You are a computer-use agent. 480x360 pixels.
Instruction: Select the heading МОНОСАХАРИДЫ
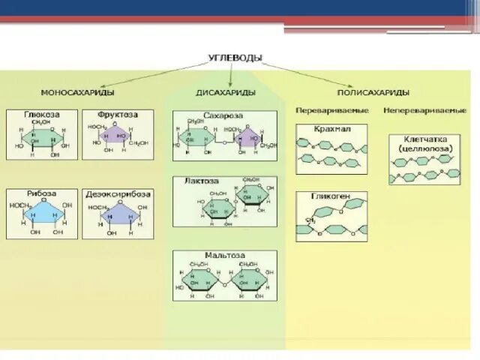click(x=77, y=92)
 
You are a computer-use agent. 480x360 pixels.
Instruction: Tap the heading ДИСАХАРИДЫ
click(x=226, y=92)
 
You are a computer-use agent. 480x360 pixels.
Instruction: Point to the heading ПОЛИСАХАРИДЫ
click(x=373, y=92)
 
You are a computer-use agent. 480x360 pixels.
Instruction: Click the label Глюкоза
click(x=42, y=115)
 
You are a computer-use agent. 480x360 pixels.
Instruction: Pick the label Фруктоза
click(x=115, y=115)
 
